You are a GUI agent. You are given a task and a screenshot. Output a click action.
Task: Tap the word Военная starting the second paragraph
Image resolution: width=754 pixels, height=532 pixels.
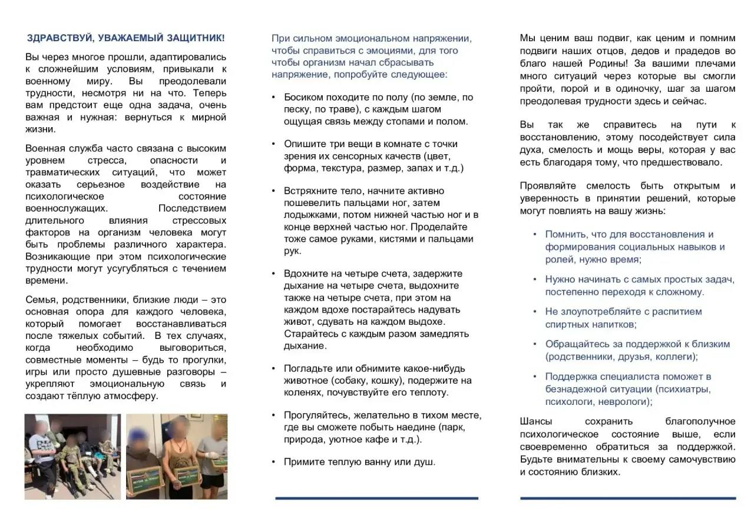click(x=45, y=148)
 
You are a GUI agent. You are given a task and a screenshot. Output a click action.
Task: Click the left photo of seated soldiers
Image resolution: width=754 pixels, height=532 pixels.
click(x=72, y=457)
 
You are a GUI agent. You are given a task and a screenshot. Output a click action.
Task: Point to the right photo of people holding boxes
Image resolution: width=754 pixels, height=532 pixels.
click(x=177, y=457)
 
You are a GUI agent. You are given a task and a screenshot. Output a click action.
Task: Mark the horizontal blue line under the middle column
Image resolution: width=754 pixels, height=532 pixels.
click(x=377, y=498)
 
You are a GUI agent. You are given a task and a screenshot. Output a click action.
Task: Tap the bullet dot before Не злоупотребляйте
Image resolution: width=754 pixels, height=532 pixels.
click(x=534, y=312)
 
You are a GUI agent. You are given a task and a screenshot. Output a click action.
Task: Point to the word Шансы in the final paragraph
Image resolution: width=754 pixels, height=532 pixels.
click(x=535, y=421)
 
